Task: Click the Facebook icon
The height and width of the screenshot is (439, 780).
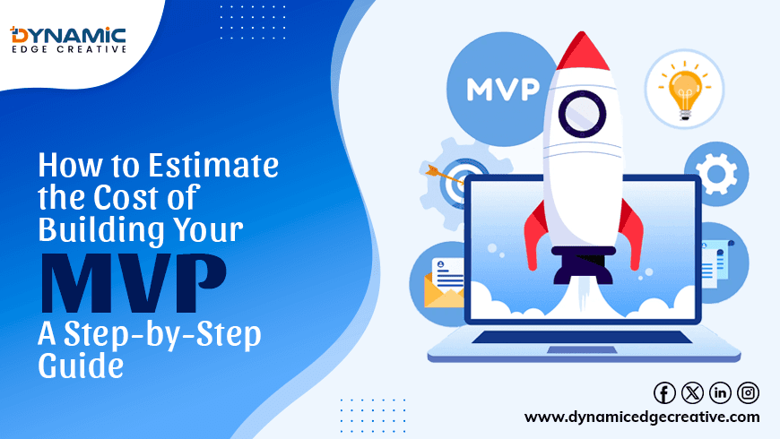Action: click(x=664, y=392)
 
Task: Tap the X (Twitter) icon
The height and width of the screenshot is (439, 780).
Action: click(x=692, y=392)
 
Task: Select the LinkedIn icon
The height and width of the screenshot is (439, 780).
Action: click(x=720, y=392)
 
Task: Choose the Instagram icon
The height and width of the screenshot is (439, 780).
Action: click(x=748, y=392)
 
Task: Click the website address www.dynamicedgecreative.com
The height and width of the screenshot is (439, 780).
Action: click(x=642, y=417)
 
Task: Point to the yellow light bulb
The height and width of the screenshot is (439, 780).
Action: click(x=685, y=92)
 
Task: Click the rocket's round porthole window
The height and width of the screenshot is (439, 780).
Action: click(x=582, y=115)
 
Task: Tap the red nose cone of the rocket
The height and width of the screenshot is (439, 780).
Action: click(x=583, y=51)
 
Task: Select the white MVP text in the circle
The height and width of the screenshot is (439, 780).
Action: click(x=503, y=90)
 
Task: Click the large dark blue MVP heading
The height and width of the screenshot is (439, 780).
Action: click(x=134, y=283)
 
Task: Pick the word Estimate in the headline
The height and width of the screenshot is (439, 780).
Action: click(x=213, y=165)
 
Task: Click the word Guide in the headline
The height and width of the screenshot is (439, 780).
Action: click(x=81, y=366)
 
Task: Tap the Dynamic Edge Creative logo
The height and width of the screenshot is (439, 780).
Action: click(x=68, y=39)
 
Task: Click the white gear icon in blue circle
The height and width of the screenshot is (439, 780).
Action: click(x=716, y=174)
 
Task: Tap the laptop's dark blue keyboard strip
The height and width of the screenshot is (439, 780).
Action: click(x=582, y=337)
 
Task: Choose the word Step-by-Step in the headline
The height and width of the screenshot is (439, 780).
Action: click(x=162, y=334)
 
